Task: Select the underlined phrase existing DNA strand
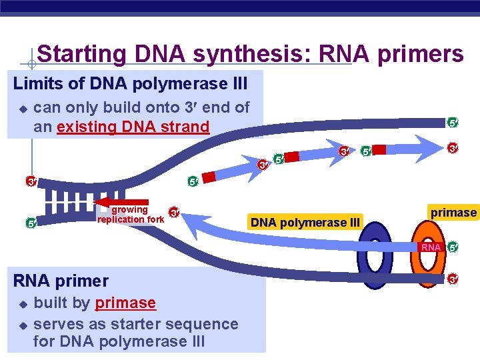[133, 127]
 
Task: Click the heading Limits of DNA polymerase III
[131, 85]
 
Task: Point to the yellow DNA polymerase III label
[305, 222]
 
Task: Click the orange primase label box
[453, 213]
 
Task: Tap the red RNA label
[431, 247]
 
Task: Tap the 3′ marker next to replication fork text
[173, 213]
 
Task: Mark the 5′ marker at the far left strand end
[31, 223]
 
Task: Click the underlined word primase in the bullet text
[125, 303]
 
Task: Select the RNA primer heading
[61, 280]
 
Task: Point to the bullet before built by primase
[22, 304]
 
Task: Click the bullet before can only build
[22, 108]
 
